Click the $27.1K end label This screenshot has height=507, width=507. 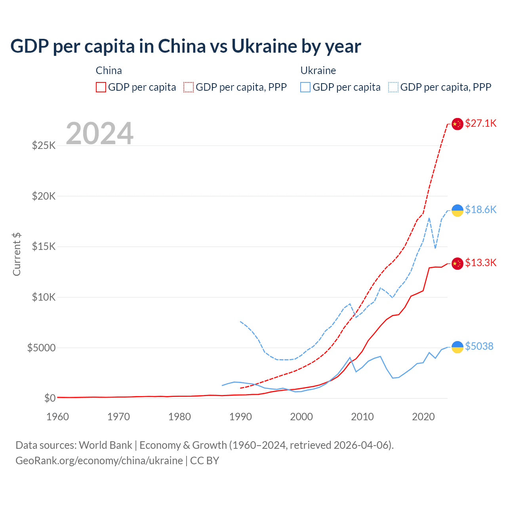480,123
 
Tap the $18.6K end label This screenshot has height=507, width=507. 480,210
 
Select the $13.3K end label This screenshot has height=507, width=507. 480,263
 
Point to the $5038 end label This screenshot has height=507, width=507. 479,346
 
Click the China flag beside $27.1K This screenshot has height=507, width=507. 457,124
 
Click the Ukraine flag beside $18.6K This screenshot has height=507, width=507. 457,210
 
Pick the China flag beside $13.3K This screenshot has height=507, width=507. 457,263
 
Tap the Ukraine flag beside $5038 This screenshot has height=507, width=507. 457,347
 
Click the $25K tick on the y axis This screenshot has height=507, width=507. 44,145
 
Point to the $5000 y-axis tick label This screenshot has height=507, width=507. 41,348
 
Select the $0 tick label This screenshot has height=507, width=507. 50,398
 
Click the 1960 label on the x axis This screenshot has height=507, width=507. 58,417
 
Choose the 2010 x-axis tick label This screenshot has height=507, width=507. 362,417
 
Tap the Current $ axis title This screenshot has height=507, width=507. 17,254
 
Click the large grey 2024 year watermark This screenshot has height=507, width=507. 99,133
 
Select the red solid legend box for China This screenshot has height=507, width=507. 101,87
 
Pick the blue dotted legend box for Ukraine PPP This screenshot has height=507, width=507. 393,87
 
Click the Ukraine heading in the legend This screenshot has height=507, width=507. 318,71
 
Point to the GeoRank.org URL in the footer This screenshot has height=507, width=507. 99,461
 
